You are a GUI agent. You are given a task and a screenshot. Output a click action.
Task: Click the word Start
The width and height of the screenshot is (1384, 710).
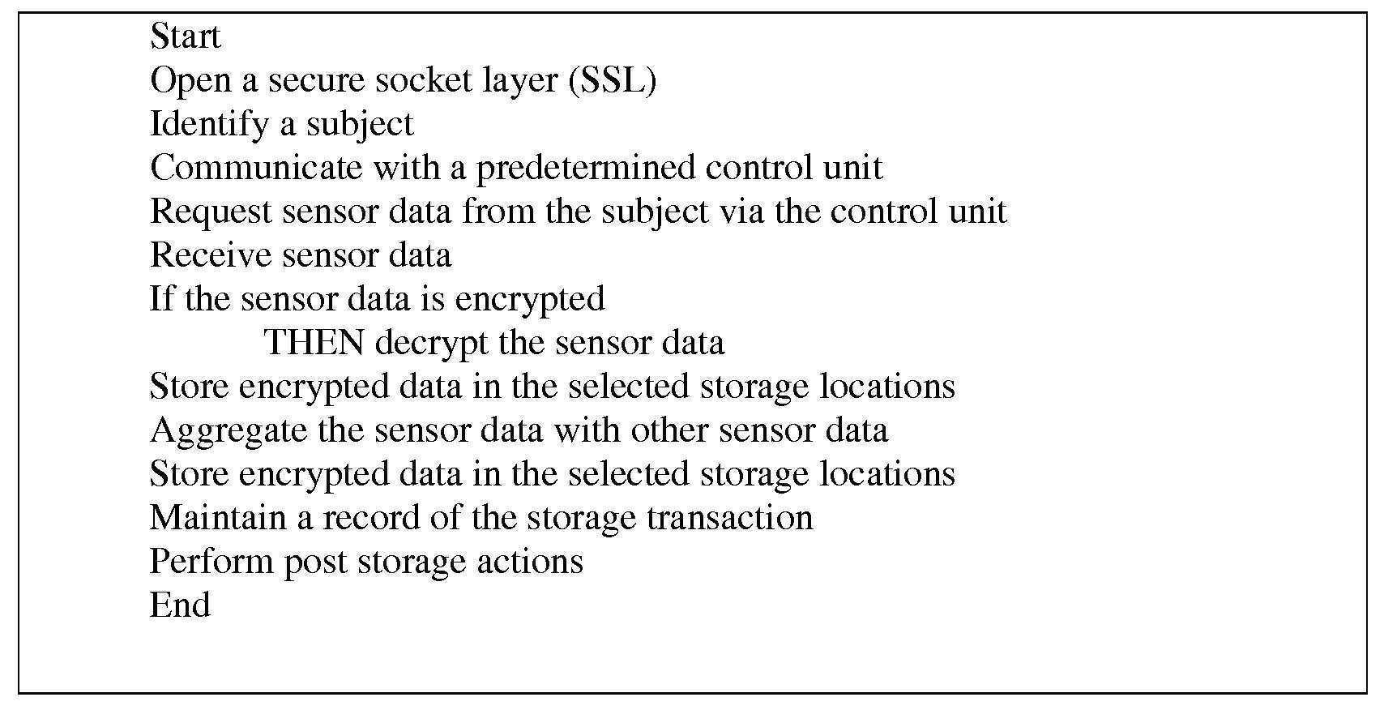pos(185,37)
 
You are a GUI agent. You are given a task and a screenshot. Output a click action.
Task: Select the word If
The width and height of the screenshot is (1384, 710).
pos(162,299)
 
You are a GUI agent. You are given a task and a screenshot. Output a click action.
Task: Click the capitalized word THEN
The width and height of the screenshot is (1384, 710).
pos(314,343)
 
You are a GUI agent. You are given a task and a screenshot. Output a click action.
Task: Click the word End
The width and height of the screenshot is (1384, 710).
pos(180,605)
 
